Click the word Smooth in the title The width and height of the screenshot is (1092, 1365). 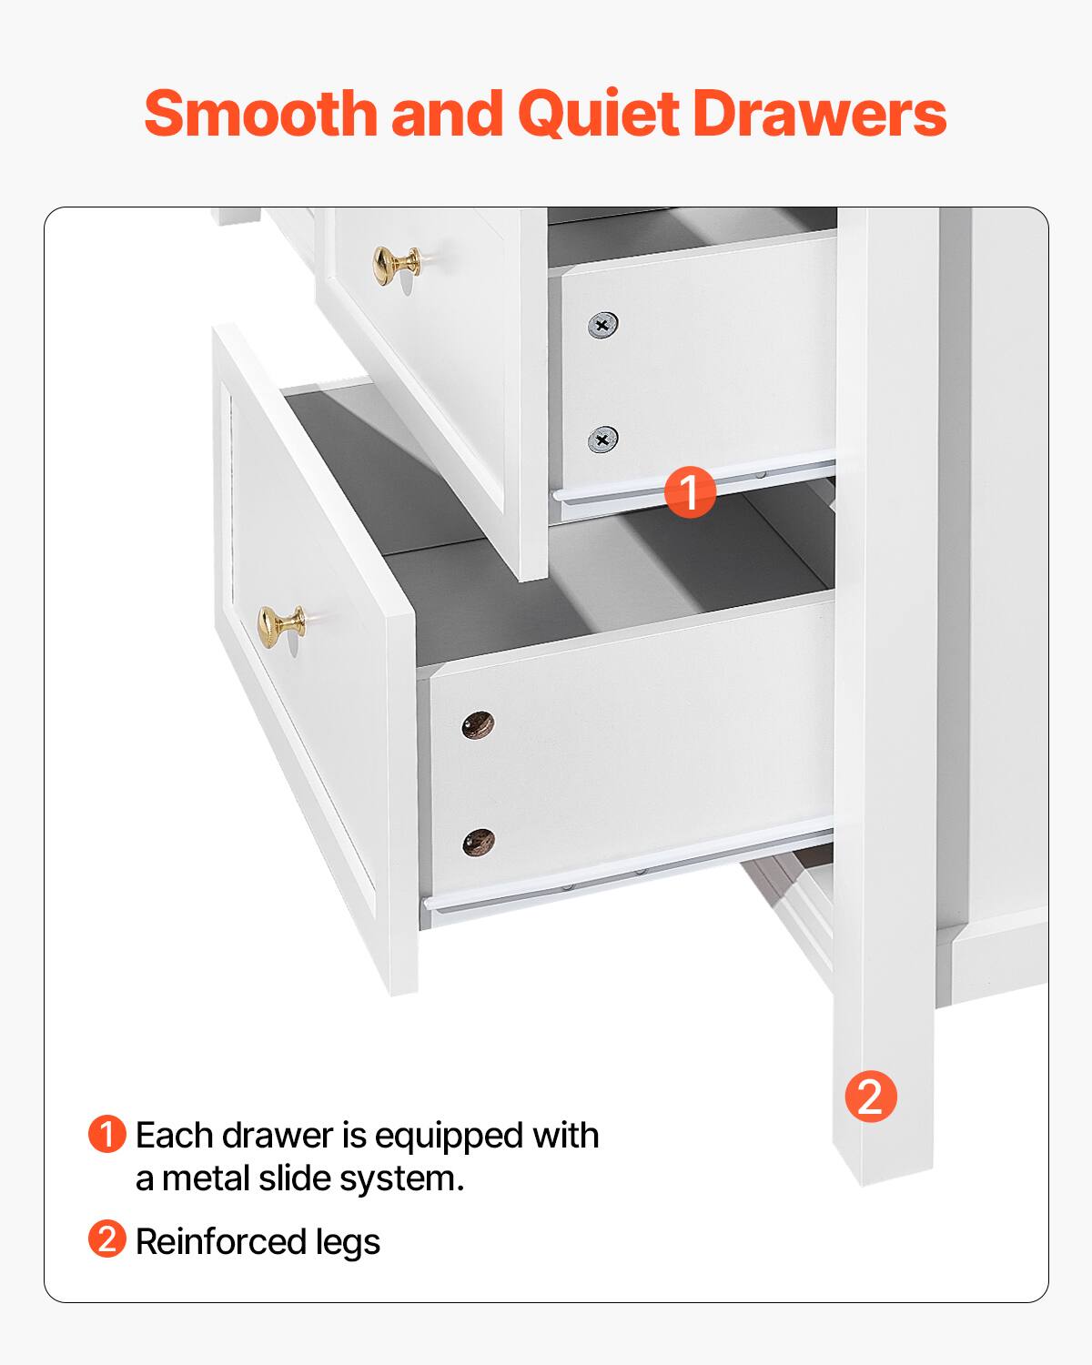click(260, 115)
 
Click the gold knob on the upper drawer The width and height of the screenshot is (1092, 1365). click(397, 266)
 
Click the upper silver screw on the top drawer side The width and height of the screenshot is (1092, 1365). click(602, 325)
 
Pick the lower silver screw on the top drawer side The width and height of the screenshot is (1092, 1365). click(602, 440)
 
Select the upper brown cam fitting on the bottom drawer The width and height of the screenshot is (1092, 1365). click(477, 725)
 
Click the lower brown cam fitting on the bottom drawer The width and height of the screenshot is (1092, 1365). click(477, 841)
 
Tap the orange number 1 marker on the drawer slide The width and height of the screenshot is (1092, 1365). click(690, 493)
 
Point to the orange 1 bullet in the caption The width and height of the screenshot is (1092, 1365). click(107, 1135)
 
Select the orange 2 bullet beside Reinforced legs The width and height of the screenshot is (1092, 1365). click(107, 1239)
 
